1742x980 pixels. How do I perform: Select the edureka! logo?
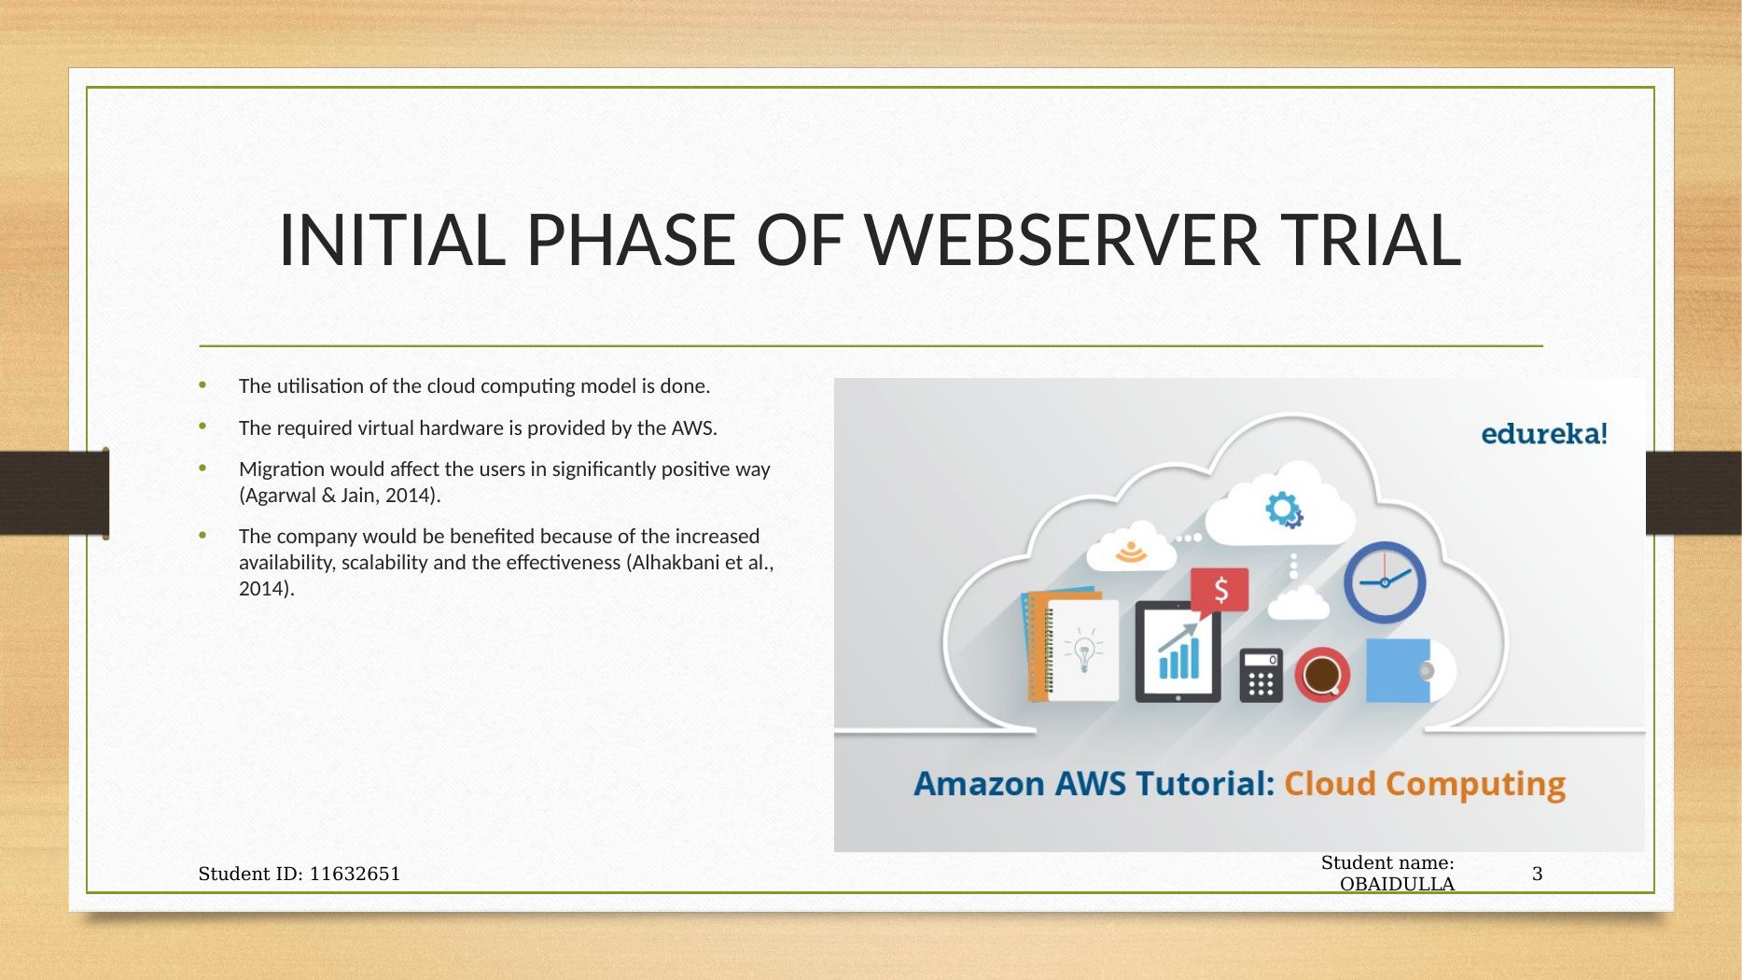tap(1544, 434)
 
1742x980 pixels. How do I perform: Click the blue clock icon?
tap(1385, 582)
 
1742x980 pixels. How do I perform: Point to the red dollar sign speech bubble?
tap(1219, 592)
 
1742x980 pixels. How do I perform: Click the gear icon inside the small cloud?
tap(1283, 511)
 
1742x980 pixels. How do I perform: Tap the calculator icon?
tap(1261, 675)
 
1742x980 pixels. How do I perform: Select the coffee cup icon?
tap(1321, 673)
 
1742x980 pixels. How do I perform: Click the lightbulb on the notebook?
tap(1084, 650)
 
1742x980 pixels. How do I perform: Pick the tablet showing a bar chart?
tap(1178, 651)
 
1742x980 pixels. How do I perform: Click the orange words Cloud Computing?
tap(1425, 784)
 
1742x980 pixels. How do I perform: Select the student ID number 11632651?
tap(355, 875)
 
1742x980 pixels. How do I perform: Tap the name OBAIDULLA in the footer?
tap(1397, 884)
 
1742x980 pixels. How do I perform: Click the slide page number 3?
tap(1537, 875)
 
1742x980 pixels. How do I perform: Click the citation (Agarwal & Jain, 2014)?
tap(340, 496)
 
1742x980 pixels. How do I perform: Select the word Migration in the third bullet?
tap(279, 469)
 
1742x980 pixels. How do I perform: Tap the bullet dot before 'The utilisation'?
tap(202, 385)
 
